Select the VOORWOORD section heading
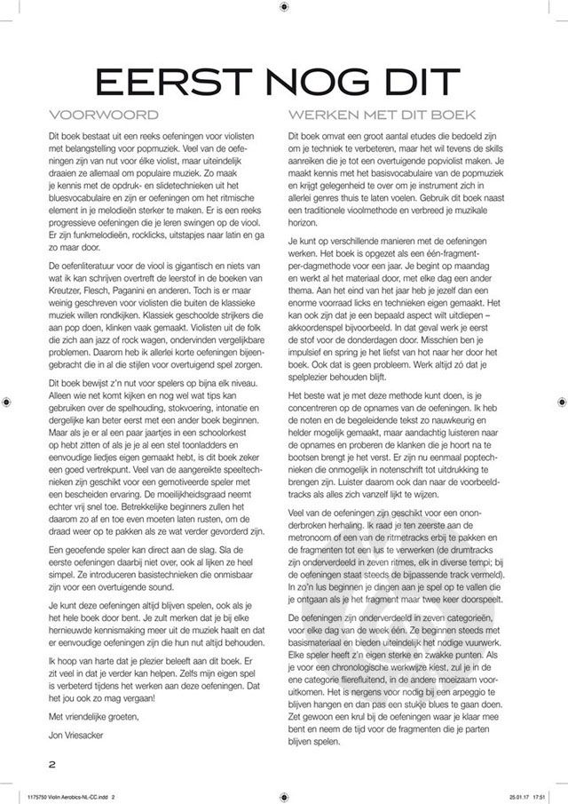[105, 115]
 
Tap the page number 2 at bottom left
[53, 763]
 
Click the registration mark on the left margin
[8, 402]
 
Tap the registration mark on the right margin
[560, 402]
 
